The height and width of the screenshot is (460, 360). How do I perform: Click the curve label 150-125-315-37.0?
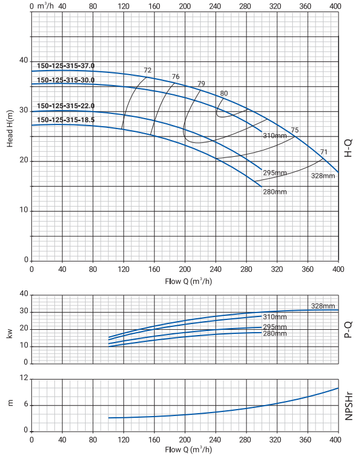coord(65,66)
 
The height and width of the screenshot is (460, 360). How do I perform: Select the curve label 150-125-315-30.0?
coord(65,80)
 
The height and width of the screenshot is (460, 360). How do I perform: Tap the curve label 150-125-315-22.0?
coord(65,106)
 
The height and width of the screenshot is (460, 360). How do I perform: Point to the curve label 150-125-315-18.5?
coord(65,120)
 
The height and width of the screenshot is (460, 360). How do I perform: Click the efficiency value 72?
coord(148,71)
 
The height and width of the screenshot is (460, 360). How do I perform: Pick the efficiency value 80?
coord(224,94)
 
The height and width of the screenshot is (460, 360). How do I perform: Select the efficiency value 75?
coord(295,130)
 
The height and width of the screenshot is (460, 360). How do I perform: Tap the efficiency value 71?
coord(324,152)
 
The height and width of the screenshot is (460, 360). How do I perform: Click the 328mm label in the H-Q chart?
coord(323,175)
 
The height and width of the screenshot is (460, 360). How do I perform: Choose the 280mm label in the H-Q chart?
coord(274,192)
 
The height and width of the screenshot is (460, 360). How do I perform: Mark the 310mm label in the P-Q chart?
coord(274,317)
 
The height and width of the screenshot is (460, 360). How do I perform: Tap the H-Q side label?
coord(348,149)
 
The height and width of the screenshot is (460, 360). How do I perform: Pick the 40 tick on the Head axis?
coord(24,61)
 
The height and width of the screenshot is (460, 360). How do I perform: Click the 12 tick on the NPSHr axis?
coord(24,378)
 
